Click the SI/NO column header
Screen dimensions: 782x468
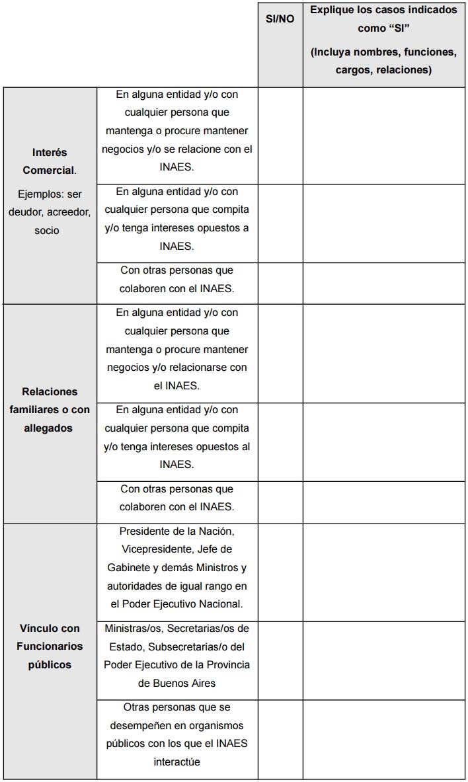[x=280, y=19]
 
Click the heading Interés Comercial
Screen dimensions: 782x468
[x=50, y=161]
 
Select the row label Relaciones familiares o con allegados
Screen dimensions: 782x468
[x=50, y=410]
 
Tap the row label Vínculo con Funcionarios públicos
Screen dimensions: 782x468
[x=50, y=646]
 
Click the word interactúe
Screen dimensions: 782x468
[x=177, y=762]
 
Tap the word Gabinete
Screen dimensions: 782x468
[x=131, y=568]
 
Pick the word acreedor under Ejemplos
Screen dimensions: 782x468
[x=68, y=212]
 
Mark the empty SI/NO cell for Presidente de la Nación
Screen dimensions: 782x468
[x=280, y=572]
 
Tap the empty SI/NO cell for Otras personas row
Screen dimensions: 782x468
[x=280, y=739]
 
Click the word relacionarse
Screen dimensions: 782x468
[x=196, y=367]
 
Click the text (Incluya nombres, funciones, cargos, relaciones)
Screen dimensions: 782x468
[x=383, y=61]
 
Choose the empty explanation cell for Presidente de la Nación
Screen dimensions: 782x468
[x=383, y=572]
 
